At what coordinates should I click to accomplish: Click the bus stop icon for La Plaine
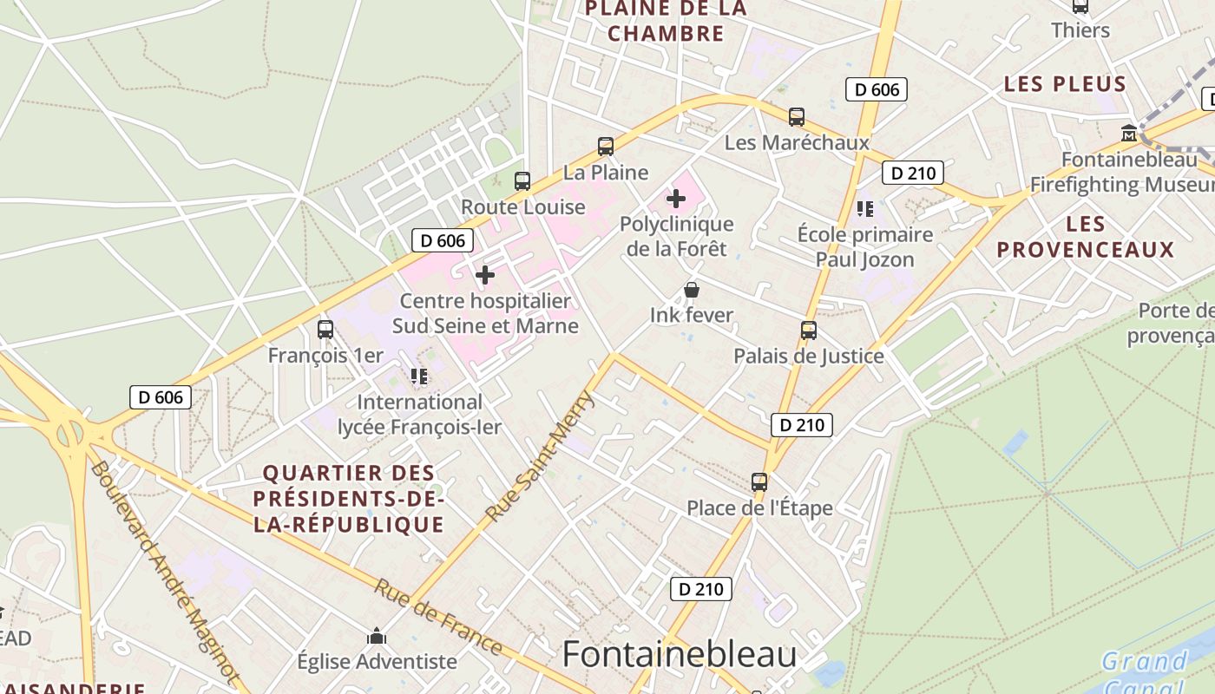[606, 147]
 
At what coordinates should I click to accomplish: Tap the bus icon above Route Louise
[522, 181]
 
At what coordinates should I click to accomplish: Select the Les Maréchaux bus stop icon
[796, 117]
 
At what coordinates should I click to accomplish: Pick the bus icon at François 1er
[325, 330]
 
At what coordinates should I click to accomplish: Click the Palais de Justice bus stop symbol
[809, 331]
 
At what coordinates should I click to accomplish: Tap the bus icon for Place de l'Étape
[759, 482]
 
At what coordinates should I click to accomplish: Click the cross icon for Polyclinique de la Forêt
[676, 199]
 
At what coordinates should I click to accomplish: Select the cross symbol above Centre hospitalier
[485, 275]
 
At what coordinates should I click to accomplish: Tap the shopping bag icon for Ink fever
[692, 290]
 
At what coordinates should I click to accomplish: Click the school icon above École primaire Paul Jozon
[864, 208]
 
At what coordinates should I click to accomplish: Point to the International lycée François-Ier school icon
[419, 376]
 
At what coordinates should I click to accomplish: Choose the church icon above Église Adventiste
[377, 637]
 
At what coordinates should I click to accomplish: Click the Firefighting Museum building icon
[1129, 134]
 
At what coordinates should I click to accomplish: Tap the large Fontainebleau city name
[680, 654]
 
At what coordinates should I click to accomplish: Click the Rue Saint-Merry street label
[540, 456]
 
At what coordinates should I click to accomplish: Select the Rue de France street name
[438, 618]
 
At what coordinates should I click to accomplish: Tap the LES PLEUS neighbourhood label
[1065, 84]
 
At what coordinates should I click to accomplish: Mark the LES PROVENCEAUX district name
[1086, 237]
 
